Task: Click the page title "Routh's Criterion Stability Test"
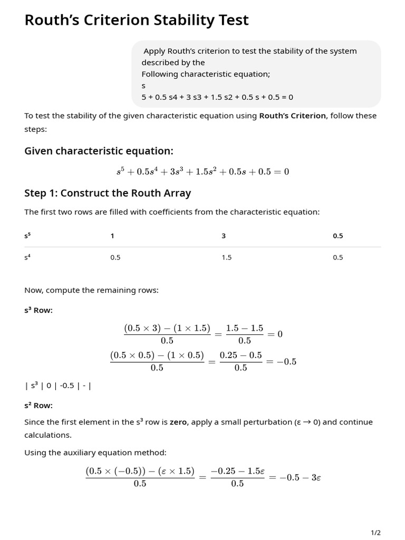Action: (x=137, y=20)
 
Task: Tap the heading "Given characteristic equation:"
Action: (x=99, y=151)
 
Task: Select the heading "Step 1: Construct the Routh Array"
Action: (x=108, y=193)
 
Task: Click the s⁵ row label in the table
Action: (x=27, y=236)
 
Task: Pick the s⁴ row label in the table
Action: (x=27, y=257)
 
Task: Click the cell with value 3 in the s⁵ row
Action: (x=224, y=236)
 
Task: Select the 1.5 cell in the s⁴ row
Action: (x=226, y=257)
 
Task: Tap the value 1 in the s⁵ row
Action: (x=112, y=236)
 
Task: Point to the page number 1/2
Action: (x=375, y=533)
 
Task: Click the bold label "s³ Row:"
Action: (x=38, y=310)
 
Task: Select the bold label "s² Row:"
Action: (x=38, y=405)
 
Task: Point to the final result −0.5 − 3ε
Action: (x=300, y=477)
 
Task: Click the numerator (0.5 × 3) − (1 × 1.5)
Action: (x=167, y=328)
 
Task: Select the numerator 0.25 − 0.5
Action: (x=240, y=355)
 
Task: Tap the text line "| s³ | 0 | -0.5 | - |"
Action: (x=58, y=385)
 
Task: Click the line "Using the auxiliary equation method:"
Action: (x=95, y=452)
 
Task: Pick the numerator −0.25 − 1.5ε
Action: (x=237, y=471)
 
